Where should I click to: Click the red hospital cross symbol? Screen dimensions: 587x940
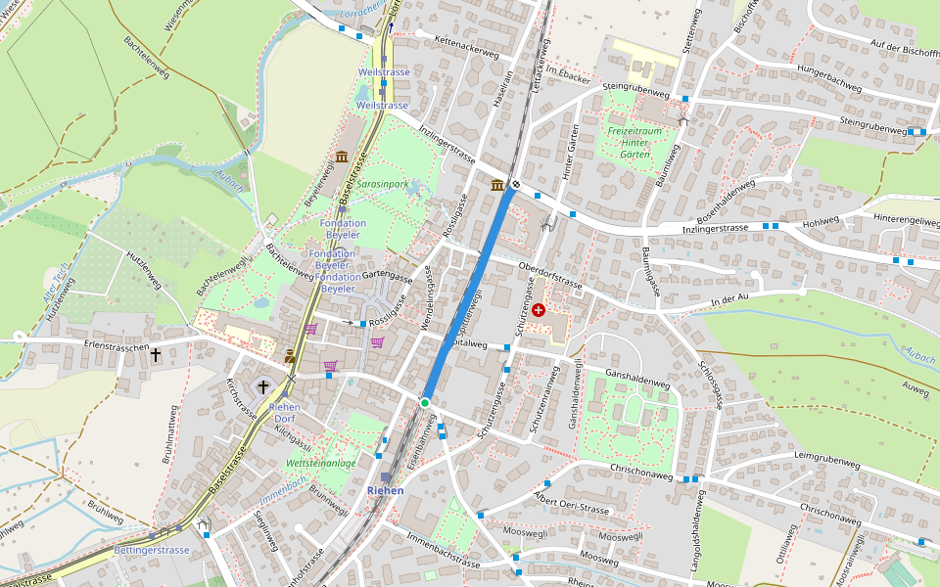pyautogui.click(x=539, y=309)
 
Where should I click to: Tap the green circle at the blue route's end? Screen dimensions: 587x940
pyautogui.click(x=425, y=403)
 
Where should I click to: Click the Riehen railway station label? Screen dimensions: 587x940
pyautogui.click(x=385, y=490)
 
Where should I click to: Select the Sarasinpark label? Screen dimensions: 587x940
pyautogui.click(x=382, y=184)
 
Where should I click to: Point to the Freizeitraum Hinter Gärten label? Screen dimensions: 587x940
pyautogui.click(x=634, y=143)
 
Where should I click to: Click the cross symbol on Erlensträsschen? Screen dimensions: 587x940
pyautogui.click(x=155, y=356)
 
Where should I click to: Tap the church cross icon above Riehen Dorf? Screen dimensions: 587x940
pyautogui.click(x=262, y=387)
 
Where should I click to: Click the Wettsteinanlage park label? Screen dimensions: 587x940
pyautogui.click(x=320, y=463)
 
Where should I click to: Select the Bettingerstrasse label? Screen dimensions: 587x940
pyautogui.click(x=151, y=550)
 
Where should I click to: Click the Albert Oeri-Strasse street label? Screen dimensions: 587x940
pyautogui.click(x=572, y=506)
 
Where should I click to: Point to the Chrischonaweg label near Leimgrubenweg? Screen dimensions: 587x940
pyautogui.click(x=831, y=512)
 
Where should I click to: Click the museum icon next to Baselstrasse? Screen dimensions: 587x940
pyautogui.click(x=341, y=158)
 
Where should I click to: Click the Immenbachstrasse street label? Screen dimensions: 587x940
pyautogui.click(x=442, y=555)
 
